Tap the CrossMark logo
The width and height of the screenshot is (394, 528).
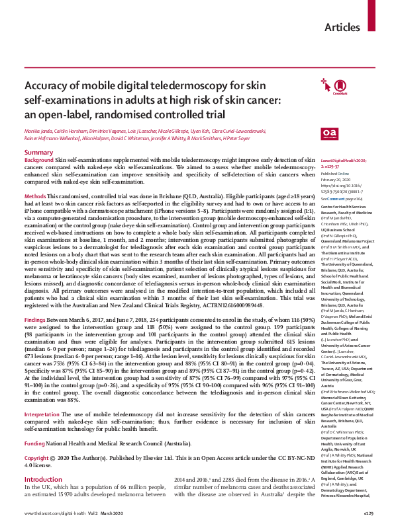click(x=309, y=87)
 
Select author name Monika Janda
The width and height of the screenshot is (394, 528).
click(x=39, y=132)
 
